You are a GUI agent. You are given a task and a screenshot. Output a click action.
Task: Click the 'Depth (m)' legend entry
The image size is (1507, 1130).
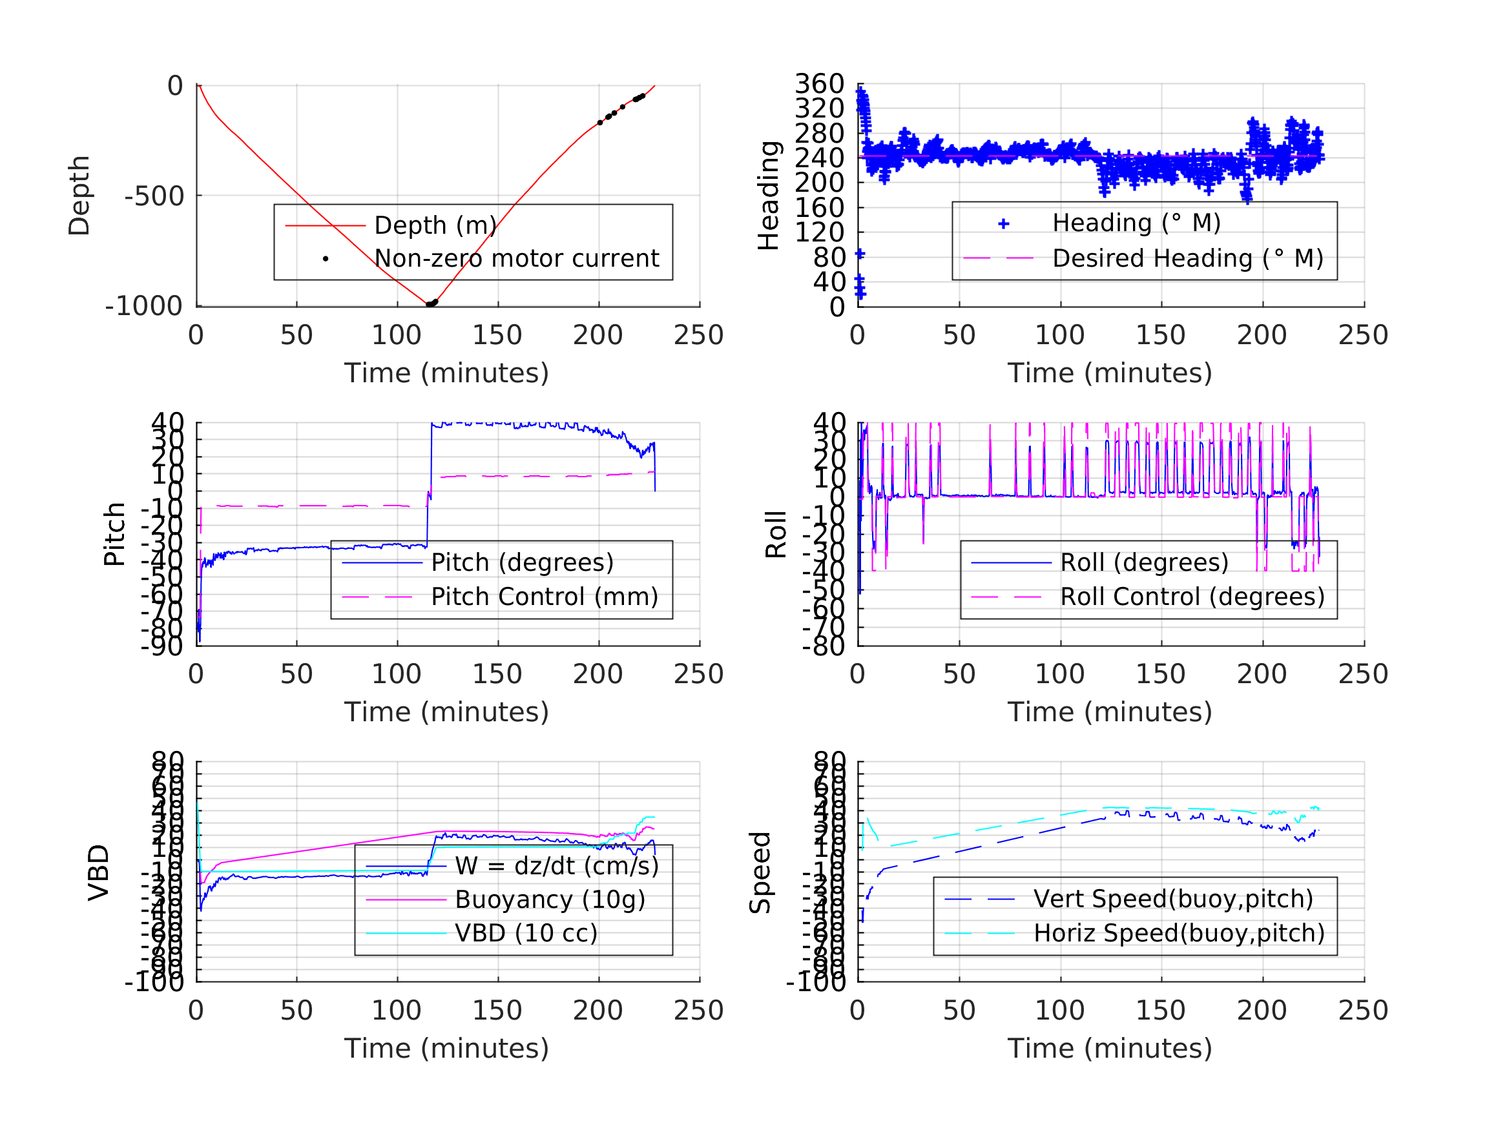tap(435, 225)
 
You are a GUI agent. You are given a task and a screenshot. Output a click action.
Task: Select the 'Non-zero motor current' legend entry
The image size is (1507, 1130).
tap(515, 259)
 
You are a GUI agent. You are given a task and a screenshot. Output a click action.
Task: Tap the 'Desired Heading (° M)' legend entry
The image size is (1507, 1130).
tap(1187, 259)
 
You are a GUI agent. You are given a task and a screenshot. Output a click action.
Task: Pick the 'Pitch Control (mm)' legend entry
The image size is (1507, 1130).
tap(545, 597)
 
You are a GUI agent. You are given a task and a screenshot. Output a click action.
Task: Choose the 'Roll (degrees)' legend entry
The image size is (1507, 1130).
tap(1144, 562)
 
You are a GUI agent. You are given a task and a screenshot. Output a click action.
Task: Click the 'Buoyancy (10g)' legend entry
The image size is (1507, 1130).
tap(550, 899)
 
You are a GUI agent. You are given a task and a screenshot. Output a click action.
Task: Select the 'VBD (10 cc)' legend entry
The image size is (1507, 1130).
tap(526, 933)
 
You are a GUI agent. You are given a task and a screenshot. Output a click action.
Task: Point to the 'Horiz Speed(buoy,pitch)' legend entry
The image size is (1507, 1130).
tap(1179, 933)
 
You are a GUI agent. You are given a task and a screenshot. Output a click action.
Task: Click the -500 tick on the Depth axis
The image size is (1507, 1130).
tap(154, 196)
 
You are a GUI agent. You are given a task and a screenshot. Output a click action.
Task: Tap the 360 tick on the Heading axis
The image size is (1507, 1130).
tap(820, 85)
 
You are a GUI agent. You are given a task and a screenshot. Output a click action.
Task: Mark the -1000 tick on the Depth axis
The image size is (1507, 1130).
tap(145, 307)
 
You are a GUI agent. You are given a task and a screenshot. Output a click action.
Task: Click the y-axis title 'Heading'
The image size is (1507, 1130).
tap(769, 196)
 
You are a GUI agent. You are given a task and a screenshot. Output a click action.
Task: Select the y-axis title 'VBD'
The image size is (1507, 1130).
tap(99, 872)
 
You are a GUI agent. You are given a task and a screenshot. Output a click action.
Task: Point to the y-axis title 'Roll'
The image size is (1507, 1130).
tap(776, 535)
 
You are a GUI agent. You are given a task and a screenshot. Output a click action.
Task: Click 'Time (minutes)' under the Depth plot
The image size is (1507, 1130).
tap(446, 373)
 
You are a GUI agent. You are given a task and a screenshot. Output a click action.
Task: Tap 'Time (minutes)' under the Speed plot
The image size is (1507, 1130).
tap(1110, 1048)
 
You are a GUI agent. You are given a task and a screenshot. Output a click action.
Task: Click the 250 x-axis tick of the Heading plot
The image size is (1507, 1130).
tap(1363, 335)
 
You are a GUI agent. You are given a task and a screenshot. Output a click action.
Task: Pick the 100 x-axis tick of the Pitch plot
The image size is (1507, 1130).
tap(397, 674)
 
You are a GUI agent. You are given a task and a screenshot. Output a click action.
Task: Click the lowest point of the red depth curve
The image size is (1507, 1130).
tap(428, 305)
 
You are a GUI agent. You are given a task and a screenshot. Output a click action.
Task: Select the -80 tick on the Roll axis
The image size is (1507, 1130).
tap(824, 646)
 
